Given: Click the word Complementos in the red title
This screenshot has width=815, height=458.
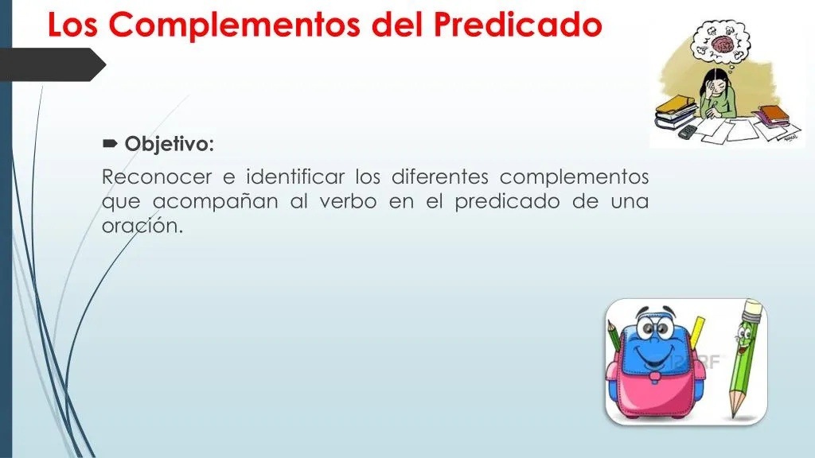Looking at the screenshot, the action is coord(235,24).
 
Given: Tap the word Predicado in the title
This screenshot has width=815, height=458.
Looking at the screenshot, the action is coord(517,24).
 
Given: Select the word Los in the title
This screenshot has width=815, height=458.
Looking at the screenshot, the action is coord(72,25).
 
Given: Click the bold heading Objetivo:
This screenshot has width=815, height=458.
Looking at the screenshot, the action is coord(169,144).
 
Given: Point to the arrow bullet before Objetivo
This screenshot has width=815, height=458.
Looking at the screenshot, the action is coord(110,143).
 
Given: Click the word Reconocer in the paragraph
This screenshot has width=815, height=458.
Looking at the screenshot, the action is coord(157,177).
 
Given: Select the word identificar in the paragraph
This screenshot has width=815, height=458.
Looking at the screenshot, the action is coord(294,177).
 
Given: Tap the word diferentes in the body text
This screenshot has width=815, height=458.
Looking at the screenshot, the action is coord(439,177).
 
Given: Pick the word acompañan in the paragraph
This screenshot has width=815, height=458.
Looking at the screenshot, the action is coord(215,201).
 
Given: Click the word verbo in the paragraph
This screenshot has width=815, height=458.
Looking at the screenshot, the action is coord(348,201).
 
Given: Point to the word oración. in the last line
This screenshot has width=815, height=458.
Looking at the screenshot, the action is coord(142,225).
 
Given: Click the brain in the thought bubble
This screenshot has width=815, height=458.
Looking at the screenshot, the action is coord(723,45).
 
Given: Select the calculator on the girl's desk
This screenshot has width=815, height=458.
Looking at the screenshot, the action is coord(688,131).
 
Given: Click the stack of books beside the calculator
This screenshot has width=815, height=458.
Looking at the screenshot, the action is coord(674,112).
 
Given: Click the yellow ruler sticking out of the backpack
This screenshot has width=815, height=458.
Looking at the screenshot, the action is coord(697,330).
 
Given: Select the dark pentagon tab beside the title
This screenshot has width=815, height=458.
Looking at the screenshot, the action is coord(52,64).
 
